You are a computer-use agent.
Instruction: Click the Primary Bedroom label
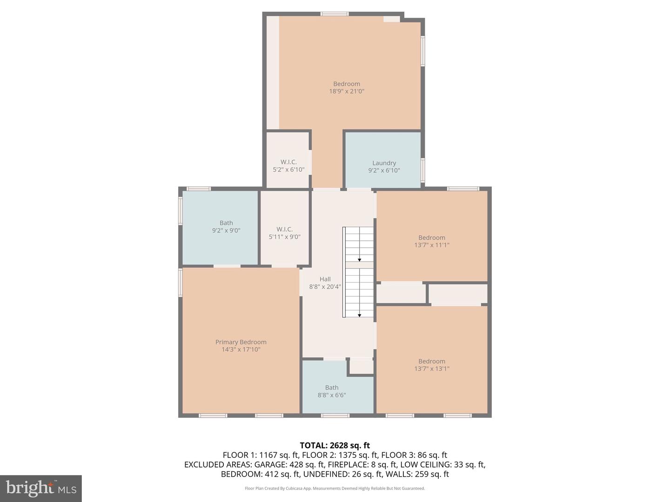pyautogui.click(x=241, y=342)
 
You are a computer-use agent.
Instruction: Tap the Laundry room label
pyautogui.click(x=384, y=163)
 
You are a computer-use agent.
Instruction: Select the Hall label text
pyautogui.click(x=325, y=279)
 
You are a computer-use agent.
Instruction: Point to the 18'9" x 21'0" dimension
pyautogui.click(x=347, y=91)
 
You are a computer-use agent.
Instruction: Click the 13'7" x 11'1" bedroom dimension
pyautogui.click(x=432, y=245)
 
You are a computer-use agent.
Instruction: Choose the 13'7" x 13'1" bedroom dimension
pyautogui.click(x=432, y=369)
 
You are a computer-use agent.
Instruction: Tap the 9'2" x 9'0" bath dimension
pyautogui.click(x=226, y=231)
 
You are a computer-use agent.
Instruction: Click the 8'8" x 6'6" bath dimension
pyautogui.click(x=331, y=395)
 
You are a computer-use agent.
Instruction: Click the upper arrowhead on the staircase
pyautogui.click(x=360, y=260)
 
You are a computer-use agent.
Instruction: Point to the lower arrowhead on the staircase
pyautogui.click(x=360, y=316)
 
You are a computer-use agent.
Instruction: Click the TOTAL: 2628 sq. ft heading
pyautogui.click(x=335, y=446)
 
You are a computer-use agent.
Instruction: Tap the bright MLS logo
pyautogui.click(x=41, y=489)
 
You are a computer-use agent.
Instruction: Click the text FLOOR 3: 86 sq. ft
pyautogui.click(x=414, y=455)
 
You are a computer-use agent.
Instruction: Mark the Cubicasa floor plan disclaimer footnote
pyautogui.click(x=335, y=488)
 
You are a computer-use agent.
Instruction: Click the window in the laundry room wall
pyautogui.click(x=423, y=170)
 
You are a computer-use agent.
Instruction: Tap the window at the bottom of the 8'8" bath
pyautogui.click(x=335, y=416)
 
